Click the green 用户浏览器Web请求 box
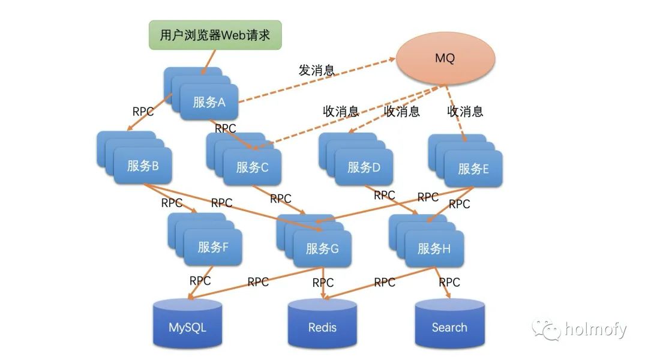[x=215, y=35]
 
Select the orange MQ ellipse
[x=445, y=58]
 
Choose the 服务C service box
[x=252, y=167]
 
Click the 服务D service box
[x=364, y=167]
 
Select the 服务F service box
[x=213, y=247]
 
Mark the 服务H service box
[x=434, y=248]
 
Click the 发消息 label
[x=316, y=70]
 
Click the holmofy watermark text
[x=595, y=329]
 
